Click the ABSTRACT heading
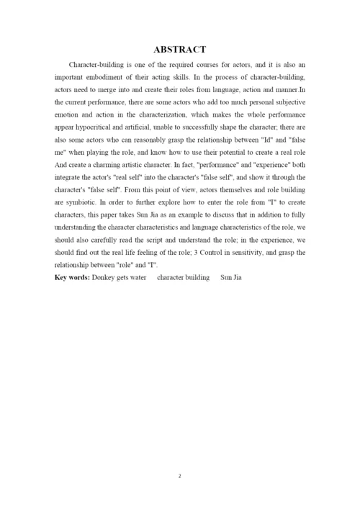(x=180, y=50)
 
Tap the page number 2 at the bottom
(x=180, y=476)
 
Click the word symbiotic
(x=81, y=212)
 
